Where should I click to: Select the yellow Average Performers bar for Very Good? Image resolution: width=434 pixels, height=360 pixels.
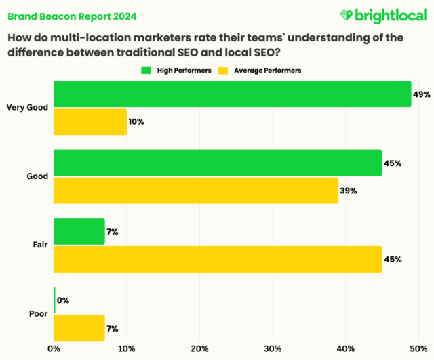pos(90,121)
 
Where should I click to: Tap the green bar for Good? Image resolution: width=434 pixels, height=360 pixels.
pos(218,163)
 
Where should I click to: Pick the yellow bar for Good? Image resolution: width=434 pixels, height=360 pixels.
pos(196,191)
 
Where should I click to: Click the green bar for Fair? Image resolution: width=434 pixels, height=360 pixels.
pos(79,232)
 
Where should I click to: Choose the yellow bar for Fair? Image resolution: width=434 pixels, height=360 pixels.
pos(218,259)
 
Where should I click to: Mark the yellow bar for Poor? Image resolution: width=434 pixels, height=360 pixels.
pos(79,328)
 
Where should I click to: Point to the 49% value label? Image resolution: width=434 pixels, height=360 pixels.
pos(422,94)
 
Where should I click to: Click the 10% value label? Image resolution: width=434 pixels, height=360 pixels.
pos(136,122)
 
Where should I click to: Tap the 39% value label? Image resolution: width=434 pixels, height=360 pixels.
pos(348,191)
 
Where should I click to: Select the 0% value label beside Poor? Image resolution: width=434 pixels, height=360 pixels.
pos(64,300)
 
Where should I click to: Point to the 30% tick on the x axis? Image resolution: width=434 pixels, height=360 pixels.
pos(273,349)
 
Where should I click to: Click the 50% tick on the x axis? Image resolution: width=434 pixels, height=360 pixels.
pos(418,349)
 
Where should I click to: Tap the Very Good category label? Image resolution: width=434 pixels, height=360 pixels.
pos(26,107)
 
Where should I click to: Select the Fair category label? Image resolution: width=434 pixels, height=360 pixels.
pos(40,245)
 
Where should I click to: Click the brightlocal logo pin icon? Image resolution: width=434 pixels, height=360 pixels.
pos(346,15)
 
